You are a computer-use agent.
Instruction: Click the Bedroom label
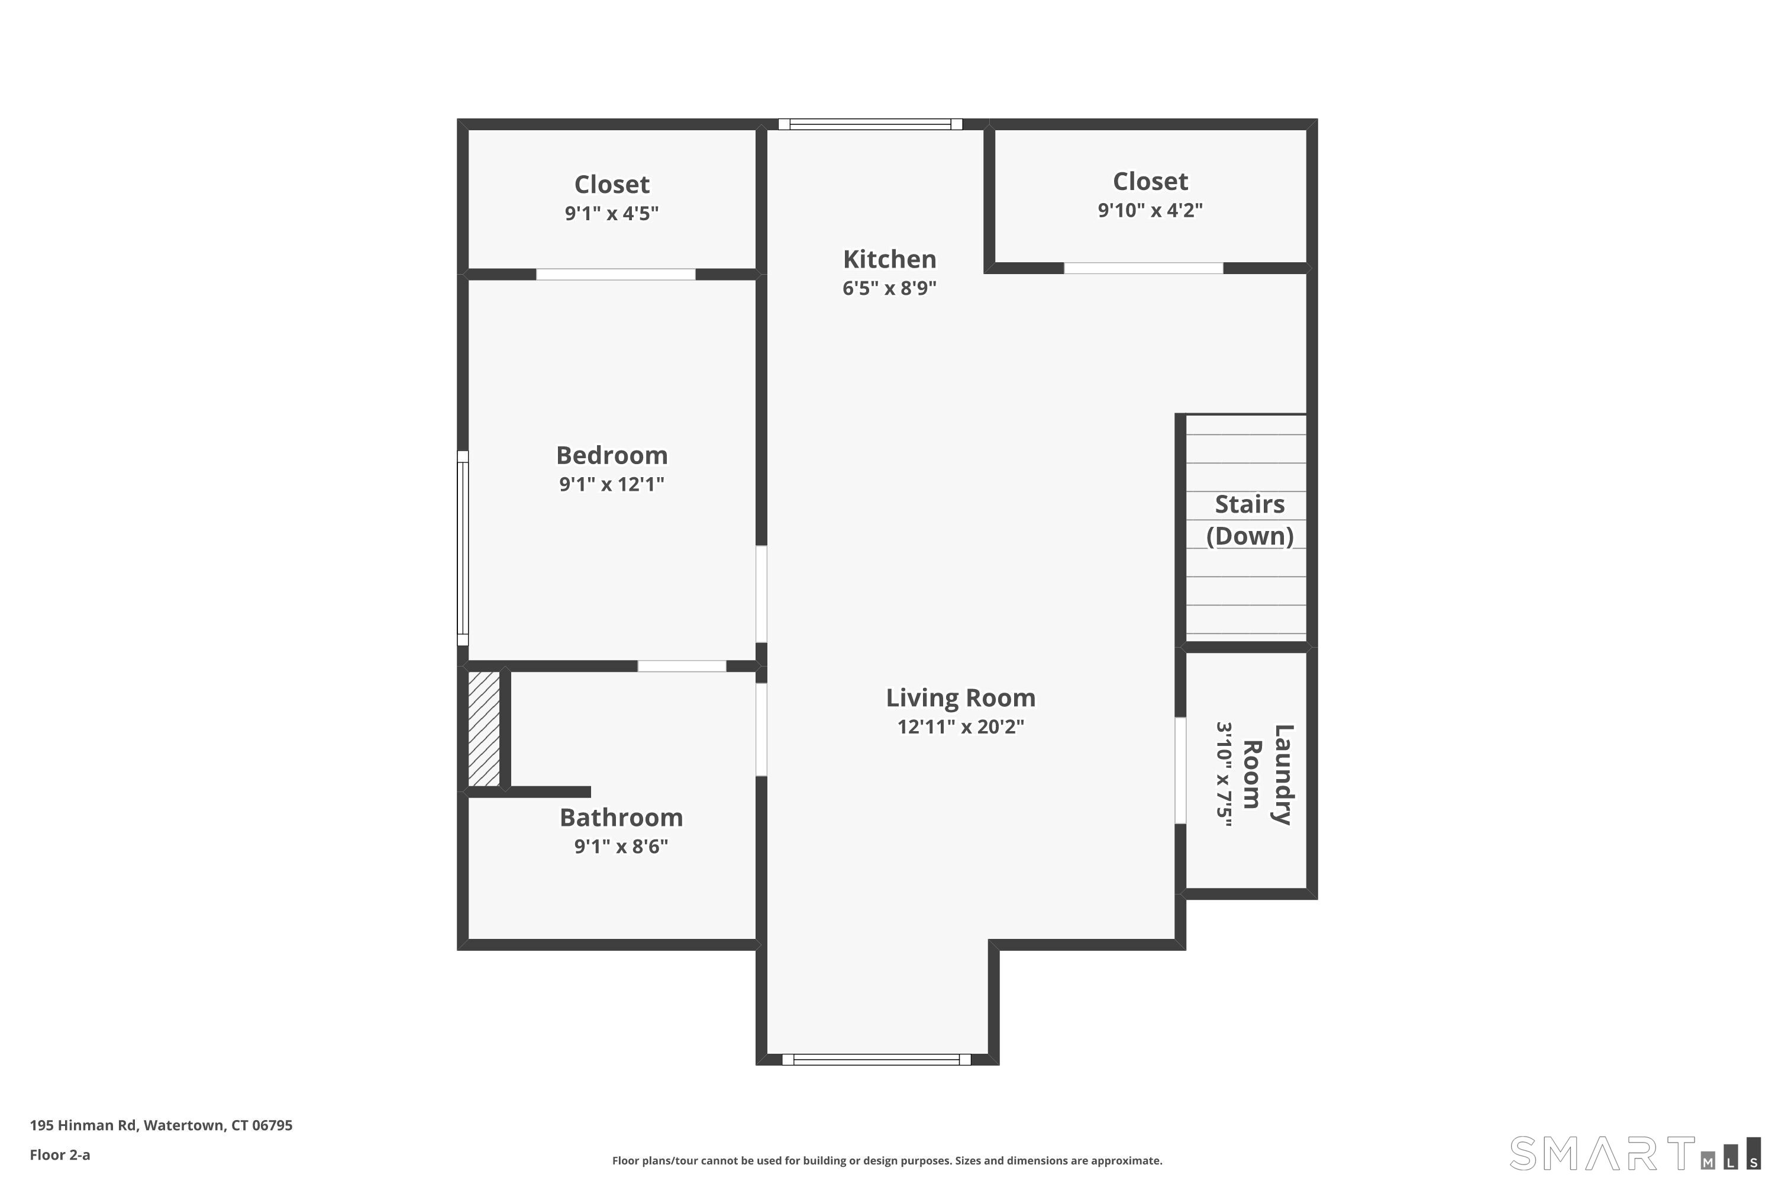click(x=611, y=455)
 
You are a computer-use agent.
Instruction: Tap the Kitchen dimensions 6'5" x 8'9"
click(x=889, y=288)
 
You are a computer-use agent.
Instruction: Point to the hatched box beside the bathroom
click(x=484, y=729)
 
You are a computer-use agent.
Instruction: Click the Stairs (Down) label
click(x=1249, y=520)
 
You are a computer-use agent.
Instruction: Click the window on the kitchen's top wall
click(x=870, y=124)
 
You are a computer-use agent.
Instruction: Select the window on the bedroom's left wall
click(x=463, y=548)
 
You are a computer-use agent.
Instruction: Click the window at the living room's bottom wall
click(x=876, y=1060)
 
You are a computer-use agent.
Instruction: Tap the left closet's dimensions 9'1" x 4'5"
click(x=611, y=213)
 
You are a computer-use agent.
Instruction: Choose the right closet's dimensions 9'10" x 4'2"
click(x=1150, y=210)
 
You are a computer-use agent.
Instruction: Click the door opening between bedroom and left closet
click(x=615, y=274)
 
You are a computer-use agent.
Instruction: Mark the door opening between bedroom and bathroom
click(x=682, y=666)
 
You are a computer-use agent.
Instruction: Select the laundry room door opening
click(x=1180, y=770)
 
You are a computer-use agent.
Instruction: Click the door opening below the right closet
click(x=1143, y=268)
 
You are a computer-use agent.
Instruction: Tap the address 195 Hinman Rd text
click(x=161, y=1125)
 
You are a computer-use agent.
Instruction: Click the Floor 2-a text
click(x=60, y=1154)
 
